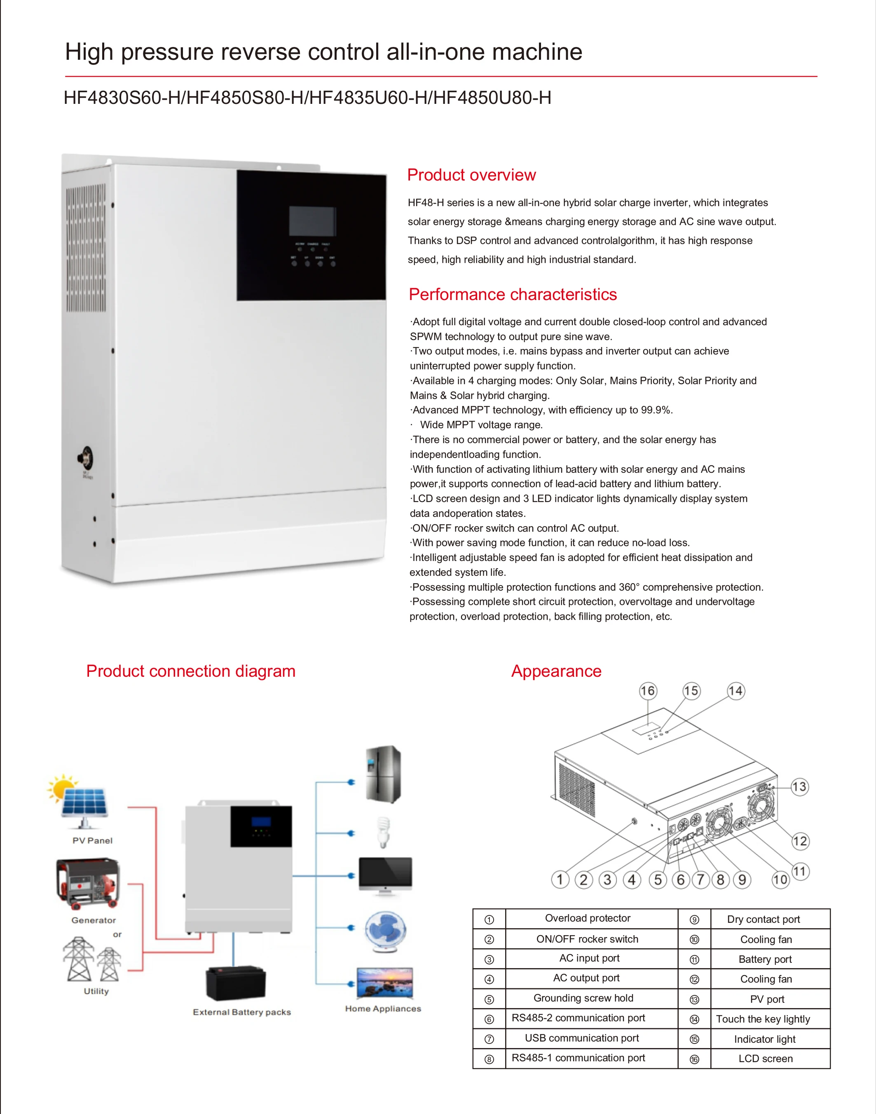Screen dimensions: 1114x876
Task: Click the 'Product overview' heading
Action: pos(471,175)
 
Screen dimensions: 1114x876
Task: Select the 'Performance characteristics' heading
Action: pos(512,294)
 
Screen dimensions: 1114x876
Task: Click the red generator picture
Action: pos(88,882)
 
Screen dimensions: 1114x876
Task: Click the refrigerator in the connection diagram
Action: pos(383,774)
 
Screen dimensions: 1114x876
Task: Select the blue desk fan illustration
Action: pos(386,931)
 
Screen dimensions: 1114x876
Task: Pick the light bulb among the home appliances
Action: pos(383,832)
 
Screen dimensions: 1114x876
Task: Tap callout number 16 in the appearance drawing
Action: pos(648,691)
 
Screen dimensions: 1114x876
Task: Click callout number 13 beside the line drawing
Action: pos(799,787)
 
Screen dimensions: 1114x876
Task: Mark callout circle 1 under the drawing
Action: pos(560,879)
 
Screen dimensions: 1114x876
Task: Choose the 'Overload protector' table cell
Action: pos(587,918)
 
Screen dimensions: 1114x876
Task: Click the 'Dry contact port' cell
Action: pos(763,919)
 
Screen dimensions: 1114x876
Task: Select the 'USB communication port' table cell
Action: pos(582,1038)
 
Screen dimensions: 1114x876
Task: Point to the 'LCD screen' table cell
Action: pos(765,1059)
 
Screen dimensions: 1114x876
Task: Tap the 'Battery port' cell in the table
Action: pos(765,959)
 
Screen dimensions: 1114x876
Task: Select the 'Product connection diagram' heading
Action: pos(191,671)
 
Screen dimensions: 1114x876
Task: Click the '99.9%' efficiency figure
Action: pos(656,410)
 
